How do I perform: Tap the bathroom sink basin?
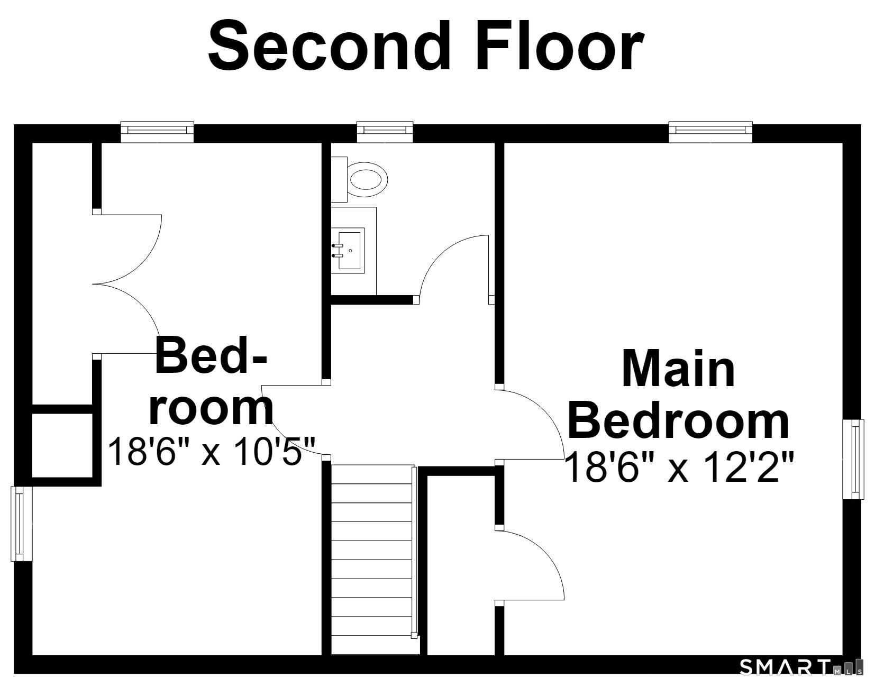click(x=349, y=250)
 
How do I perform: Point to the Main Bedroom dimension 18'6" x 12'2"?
click(x=679, y=466)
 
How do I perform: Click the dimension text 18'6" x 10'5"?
click(x=212, y=451)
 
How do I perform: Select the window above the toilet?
click(x=385, y=132)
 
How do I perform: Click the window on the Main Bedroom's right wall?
click(x=853, y=459)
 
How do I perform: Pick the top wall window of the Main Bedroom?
click(x=710, y=132)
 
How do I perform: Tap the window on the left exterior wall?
click(x=21, y=524)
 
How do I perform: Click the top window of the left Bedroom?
click(x=158, y=132)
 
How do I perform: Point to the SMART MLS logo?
click(x=801, y=667)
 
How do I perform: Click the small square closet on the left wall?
click(x=62, y=445)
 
